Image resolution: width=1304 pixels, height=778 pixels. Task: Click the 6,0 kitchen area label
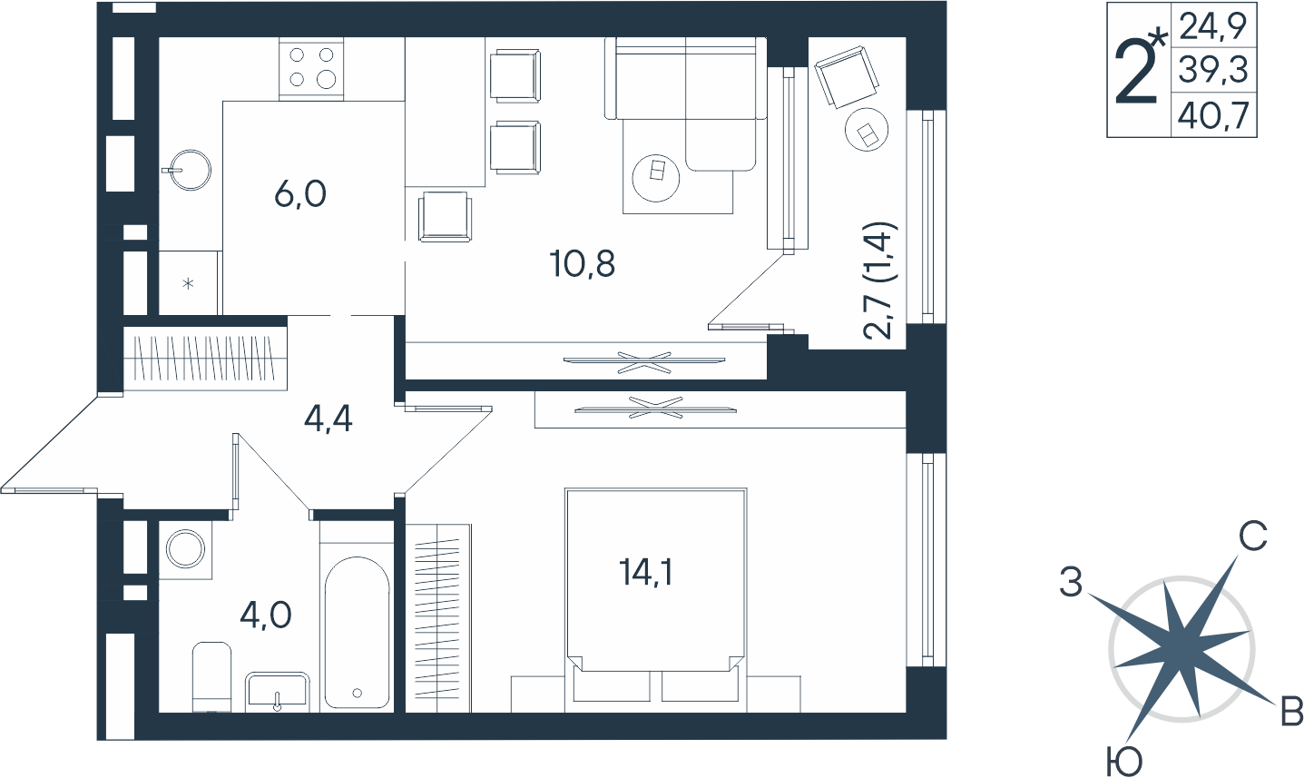300,194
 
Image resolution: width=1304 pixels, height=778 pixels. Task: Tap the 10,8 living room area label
583,264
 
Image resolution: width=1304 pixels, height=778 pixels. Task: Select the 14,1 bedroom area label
646,573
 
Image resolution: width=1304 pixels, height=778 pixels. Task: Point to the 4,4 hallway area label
328,419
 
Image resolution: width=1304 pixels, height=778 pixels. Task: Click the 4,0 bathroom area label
266,616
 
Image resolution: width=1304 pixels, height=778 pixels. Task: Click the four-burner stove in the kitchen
311,69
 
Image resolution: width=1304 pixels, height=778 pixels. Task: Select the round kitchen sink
188,170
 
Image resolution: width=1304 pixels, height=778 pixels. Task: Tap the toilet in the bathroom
212,676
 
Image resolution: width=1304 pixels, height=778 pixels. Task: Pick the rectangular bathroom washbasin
277,692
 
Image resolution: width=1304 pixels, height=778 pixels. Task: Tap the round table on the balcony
868,129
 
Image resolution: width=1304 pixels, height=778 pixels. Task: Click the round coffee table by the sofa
656,177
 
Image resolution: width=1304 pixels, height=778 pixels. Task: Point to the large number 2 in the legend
1136,73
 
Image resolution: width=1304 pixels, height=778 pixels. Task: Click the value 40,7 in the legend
1213,114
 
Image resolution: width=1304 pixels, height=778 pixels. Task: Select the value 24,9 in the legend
1213,26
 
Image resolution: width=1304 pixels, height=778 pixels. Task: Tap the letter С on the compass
1253,536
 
